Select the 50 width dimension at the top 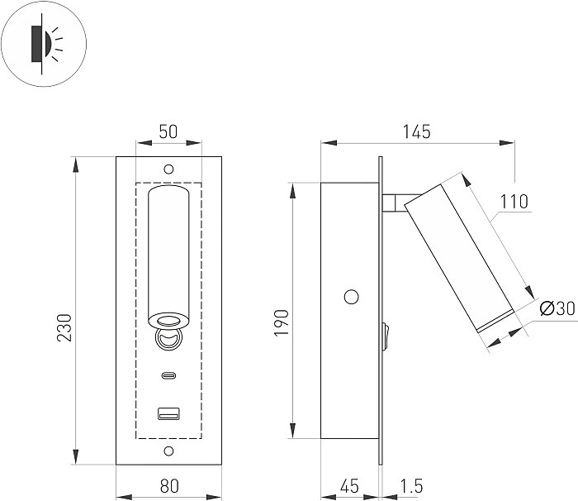[168, 131]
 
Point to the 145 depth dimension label [417, 131]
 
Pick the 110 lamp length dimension [514, 201]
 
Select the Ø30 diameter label [557, 309]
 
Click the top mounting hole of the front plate [168, 169]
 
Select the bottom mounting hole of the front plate [168, 451]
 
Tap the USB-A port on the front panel [168, 413]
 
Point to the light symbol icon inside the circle [43, 44]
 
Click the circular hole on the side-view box [351, 296]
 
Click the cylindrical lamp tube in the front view [168, 248]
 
